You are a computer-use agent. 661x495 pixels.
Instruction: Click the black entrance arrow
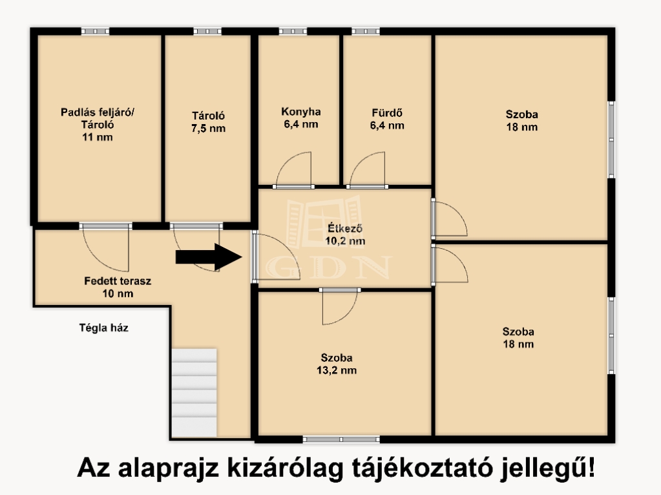tap(209, 257)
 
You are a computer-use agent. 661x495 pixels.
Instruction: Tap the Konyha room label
tap(301, 118)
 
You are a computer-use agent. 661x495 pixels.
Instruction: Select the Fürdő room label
tap(387, 120)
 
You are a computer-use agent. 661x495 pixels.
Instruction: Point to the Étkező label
tap(345, 235)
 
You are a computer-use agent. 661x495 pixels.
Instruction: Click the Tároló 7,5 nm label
tap(208, 122)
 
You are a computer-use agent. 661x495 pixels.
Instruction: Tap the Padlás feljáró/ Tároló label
tap(98, 124)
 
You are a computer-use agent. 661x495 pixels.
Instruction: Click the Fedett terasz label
tap(118, 287)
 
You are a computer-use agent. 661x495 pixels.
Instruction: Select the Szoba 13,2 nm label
tap(337, 364)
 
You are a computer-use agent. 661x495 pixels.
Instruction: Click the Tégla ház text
tap(103, 328)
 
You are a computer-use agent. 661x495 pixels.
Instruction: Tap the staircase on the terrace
tap(194, 392)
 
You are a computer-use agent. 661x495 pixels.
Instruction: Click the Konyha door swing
tap(294, 169)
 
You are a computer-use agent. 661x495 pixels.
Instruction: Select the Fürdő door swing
tap(368, 169)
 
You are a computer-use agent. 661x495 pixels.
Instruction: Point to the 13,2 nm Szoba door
tap(340, 306)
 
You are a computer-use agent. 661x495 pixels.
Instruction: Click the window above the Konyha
tap(293, 31)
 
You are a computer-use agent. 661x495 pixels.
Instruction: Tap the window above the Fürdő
tap(366, 31)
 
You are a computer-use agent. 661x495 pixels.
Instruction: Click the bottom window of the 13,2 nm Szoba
tap(341, 439)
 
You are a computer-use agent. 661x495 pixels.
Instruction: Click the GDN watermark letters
tap(328, 268)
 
